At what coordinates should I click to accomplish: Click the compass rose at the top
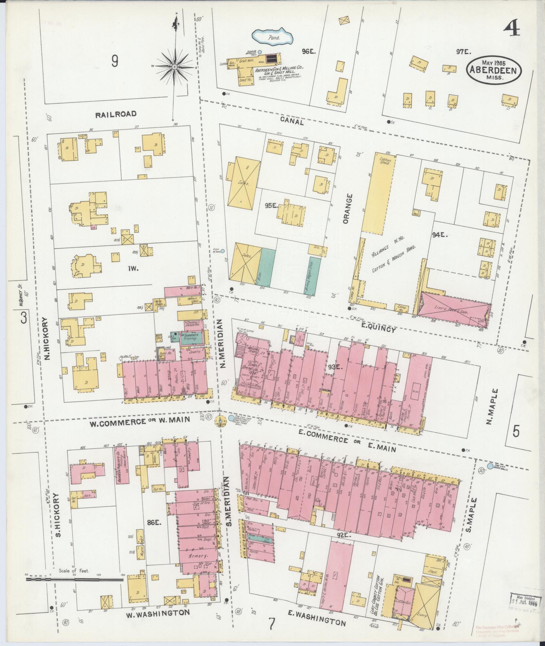point(175,67)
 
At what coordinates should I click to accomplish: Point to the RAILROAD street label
point(116,114)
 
